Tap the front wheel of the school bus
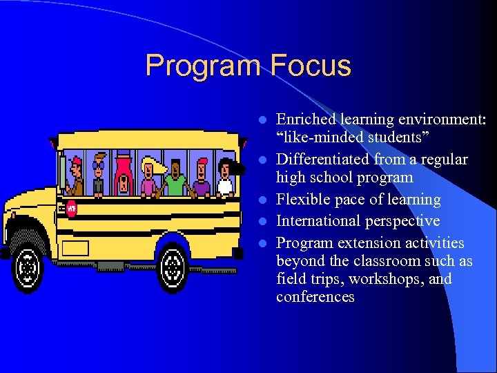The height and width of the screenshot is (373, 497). tap(29, 265)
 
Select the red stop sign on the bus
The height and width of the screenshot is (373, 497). tap(71, 208)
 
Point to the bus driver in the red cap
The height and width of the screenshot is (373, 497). tap(76, 177)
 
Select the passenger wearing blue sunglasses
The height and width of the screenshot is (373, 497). tap(99, 175)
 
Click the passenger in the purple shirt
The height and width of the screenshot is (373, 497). tap(201, 179)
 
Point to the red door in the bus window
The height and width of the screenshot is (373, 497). tap(123, 175)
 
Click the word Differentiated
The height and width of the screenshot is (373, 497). tap(322, 160)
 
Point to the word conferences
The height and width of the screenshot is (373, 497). tap(315, 297)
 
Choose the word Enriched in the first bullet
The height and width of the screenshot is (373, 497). tap(304, 119)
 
